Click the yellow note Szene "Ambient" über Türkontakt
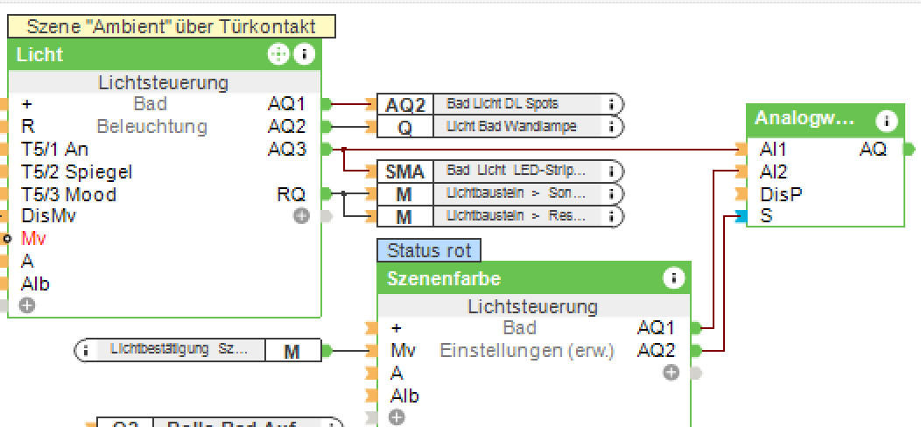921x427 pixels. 171,26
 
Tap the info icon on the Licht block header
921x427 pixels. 304,54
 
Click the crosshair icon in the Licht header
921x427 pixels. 278,54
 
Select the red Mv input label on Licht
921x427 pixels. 34,238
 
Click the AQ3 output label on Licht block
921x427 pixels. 286,150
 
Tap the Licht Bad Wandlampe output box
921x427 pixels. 511,127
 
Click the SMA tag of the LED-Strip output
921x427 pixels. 404,171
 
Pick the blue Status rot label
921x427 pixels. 429,251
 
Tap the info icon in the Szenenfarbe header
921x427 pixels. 673,278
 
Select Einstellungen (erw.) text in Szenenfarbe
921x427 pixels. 527,351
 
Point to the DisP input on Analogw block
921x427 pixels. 781,194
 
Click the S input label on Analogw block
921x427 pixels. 767,216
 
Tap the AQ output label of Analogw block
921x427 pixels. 873,150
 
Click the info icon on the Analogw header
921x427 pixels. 887,119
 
